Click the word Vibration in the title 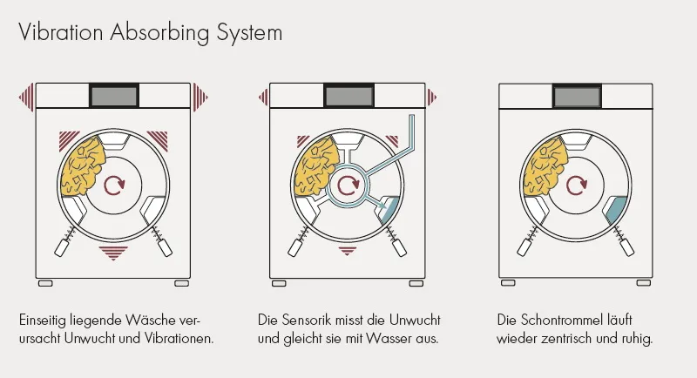[x=61, y=33]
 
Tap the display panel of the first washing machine [x=112, y=93]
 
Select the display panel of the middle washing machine [x=348, y=93]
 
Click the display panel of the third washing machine [x=576, y=93]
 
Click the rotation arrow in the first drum [x=112, y=185]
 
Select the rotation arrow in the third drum [x=576, y=185]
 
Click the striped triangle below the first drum [x=112, y=253]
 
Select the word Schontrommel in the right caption [x=554, y=319]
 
